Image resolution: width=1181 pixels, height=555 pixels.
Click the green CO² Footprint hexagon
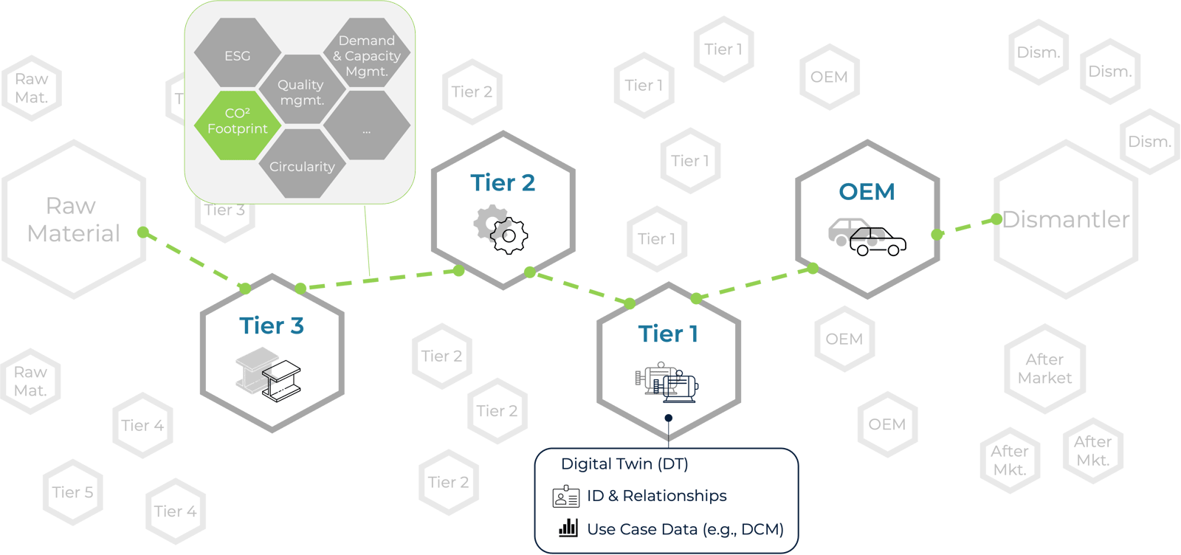click(x=238, y=122)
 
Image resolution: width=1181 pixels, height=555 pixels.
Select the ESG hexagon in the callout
click(x=238, y=56)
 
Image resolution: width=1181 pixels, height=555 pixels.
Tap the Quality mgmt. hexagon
click(x=301, y=92)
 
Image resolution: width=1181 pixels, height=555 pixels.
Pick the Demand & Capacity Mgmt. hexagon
click(x=367, y=56)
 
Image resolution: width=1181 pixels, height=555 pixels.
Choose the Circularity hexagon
click(x=302, y=166)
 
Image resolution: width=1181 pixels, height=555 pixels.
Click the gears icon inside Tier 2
click(x=501, y=230)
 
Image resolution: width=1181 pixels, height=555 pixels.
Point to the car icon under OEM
click(x=867, y=235)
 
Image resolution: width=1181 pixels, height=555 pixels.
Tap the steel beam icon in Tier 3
click(x=269, y=376)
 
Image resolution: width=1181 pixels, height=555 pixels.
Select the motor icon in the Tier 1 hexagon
click(x=667, y=382)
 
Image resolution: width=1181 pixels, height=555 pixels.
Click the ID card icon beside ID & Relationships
click(x=566, y=497)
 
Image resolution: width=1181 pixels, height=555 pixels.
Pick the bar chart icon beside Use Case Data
click(x=568, y=528)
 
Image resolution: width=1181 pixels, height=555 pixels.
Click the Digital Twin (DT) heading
click(x=624, y=464)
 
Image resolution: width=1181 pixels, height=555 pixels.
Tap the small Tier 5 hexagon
click(x=72, y=492)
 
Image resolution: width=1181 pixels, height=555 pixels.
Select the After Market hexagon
click(x=1044, y=369)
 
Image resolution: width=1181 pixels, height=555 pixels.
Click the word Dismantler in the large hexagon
click(x=1066, y=220)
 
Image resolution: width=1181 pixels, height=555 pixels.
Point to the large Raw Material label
click(x=72, y=220)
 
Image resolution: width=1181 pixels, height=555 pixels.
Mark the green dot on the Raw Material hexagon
click(x=142, y=233)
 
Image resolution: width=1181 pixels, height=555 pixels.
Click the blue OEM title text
click(x=867, y=192)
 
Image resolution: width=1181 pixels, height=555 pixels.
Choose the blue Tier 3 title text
click(x=272, y=325)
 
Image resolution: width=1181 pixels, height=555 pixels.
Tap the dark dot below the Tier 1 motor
click(x=669, y=418)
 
